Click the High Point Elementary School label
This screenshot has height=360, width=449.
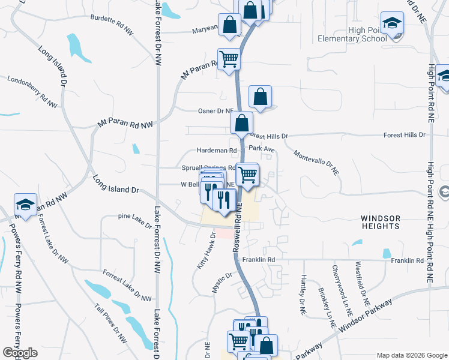pos(352,35)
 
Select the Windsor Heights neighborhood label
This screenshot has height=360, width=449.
pos(381,221)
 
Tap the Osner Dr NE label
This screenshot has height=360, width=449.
pos(215,111)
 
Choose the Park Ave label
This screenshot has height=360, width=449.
pos(262,149)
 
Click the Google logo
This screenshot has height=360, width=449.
pos(20,353)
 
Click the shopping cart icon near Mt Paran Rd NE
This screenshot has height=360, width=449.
pos(229,59)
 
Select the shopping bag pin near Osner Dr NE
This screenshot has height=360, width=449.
pos(260,97)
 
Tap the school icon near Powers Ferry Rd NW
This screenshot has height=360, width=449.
pos(26,205)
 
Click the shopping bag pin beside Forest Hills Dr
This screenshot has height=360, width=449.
pos(241,124)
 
